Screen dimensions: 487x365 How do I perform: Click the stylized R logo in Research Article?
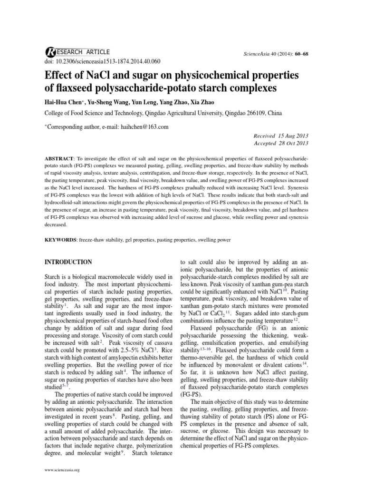(49, 52)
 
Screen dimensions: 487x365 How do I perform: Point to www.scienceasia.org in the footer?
(61, 469)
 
